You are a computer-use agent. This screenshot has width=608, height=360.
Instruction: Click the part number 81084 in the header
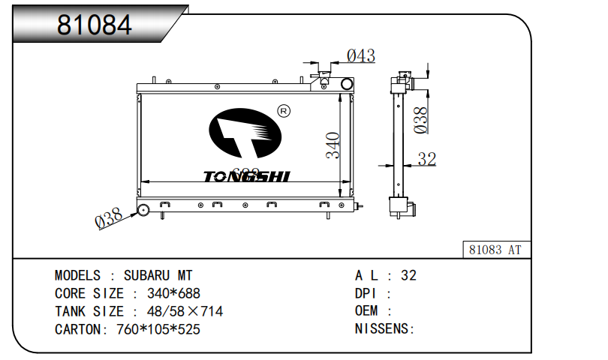click(x=95, y=25)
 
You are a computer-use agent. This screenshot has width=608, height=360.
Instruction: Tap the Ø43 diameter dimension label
click(x=360, y=55)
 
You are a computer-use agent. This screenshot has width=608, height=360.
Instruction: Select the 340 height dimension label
click(x=333, y=145)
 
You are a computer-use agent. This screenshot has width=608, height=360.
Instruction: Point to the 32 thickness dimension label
click(x=426, y=159)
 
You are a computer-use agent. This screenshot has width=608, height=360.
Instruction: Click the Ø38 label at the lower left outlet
click(x=109, y=220)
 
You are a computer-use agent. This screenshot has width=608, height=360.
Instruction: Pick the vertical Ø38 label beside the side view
click(x=422, y=120)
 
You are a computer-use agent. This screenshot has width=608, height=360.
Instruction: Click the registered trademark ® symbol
click(x=284, y=111)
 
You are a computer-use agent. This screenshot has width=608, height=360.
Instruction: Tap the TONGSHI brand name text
click(x=246, y=176)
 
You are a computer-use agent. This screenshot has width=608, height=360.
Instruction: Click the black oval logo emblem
click(x=245, y=134)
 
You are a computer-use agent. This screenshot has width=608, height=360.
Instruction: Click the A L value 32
click(x=408, y=275)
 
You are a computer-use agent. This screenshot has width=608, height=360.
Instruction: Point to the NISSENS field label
click(x=381, y=329)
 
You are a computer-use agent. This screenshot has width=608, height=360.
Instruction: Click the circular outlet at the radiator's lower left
click(x=143, y=209)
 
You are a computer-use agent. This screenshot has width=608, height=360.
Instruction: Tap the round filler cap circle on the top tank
click(x=347, y=84)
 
